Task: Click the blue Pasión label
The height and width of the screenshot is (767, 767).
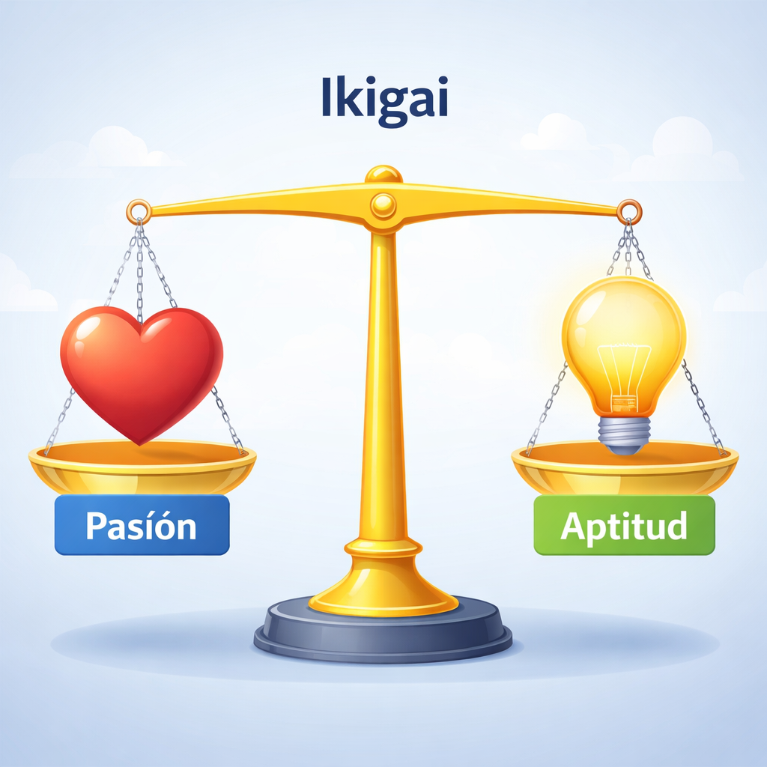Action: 142,525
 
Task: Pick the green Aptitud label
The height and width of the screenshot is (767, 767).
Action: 624,525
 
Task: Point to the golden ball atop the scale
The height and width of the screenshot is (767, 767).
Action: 383,175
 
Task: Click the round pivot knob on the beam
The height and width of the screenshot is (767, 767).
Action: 383,204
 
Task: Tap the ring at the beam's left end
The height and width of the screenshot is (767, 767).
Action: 139,211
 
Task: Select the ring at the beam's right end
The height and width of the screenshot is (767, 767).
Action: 629,211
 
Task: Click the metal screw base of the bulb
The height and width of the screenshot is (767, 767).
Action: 624,434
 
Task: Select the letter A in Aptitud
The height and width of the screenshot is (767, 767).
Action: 573,526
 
